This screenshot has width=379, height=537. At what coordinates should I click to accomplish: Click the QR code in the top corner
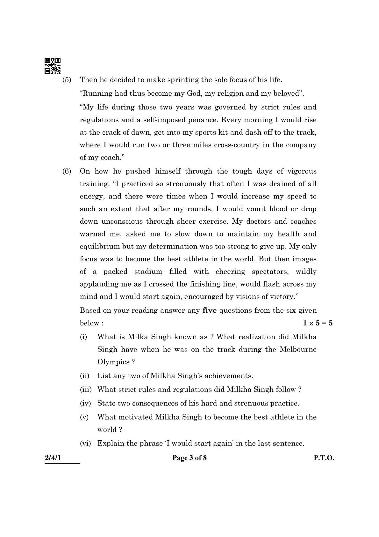(x=53, y=65)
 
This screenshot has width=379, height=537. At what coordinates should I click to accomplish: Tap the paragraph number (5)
(x=67, y=80)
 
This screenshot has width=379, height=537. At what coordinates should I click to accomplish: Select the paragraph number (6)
(x=67, y=171)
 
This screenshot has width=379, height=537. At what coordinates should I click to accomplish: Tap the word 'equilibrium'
(x=97, y=247)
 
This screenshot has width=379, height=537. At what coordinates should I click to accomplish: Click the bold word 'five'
(x=209, y=310)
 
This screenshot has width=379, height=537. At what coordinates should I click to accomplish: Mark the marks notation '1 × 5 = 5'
(x=318, y=323)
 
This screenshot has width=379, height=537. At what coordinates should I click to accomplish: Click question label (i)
(x=83, y=337)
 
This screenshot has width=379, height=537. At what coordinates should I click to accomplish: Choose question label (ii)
(x=84, y=376)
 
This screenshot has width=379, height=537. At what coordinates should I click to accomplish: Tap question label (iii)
(x=85, y=390)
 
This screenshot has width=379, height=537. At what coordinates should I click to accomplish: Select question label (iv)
(x=85, y=403)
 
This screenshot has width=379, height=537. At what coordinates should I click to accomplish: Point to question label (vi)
(x=85, y=444)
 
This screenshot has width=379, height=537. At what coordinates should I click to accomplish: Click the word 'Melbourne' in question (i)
(x=298, y=349)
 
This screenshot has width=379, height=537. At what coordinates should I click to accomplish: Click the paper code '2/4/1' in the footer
(x=53, y=458)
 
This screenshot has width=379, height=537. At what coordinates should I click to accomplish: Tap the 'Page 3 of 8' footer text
(x=189, y=458)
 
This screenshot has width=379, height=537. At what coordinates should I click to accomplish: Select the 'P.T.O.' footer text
(x=324, y=458)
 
